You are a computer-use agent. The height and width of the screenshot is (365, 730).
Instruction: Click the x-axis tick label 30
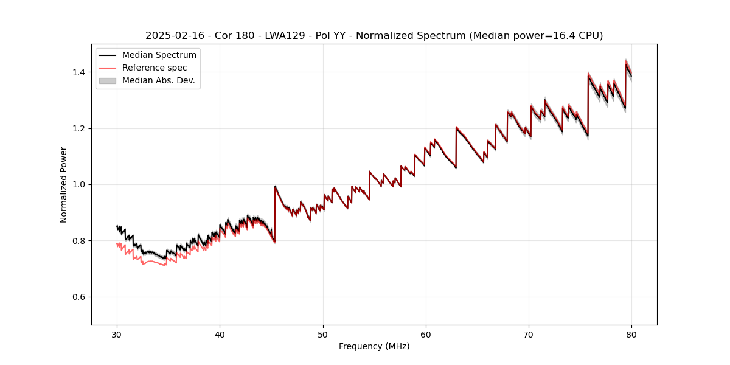click(x=117, y=334)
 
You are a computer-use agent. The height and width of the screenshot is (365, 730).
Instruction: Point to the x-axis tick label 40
click(x=220, y=334)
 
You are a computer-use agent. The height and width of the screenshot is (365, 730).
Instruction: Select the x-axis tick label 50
click(x=322, y=334)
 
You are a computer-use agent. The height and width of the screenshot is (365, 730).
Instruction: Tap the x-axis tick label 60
click(x=426, y=334)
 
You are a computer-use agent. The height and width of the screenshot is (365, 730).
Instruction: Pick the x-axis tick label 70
click(x=529, y=334)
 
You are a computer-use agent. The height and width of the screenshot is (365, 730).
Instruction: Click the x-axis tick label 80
click(x=631, y=334)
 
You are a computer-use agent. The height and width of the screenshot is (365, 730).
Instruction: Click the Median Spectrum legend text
click(x=159, y=55)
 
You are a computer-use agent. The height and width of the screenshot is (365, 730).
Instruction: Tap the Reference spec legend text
click(x=155, y=68)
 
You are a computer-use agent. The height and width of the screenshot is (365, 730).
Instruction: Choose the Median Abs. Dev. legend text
click(x=158, y=80)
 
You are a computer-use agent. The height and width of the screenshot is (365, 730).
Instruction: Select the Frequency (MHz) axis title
click(x=374, y=346)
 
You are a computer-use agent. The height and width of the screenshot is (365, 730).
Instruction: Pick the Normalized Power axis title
click(x=64, y=184)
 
